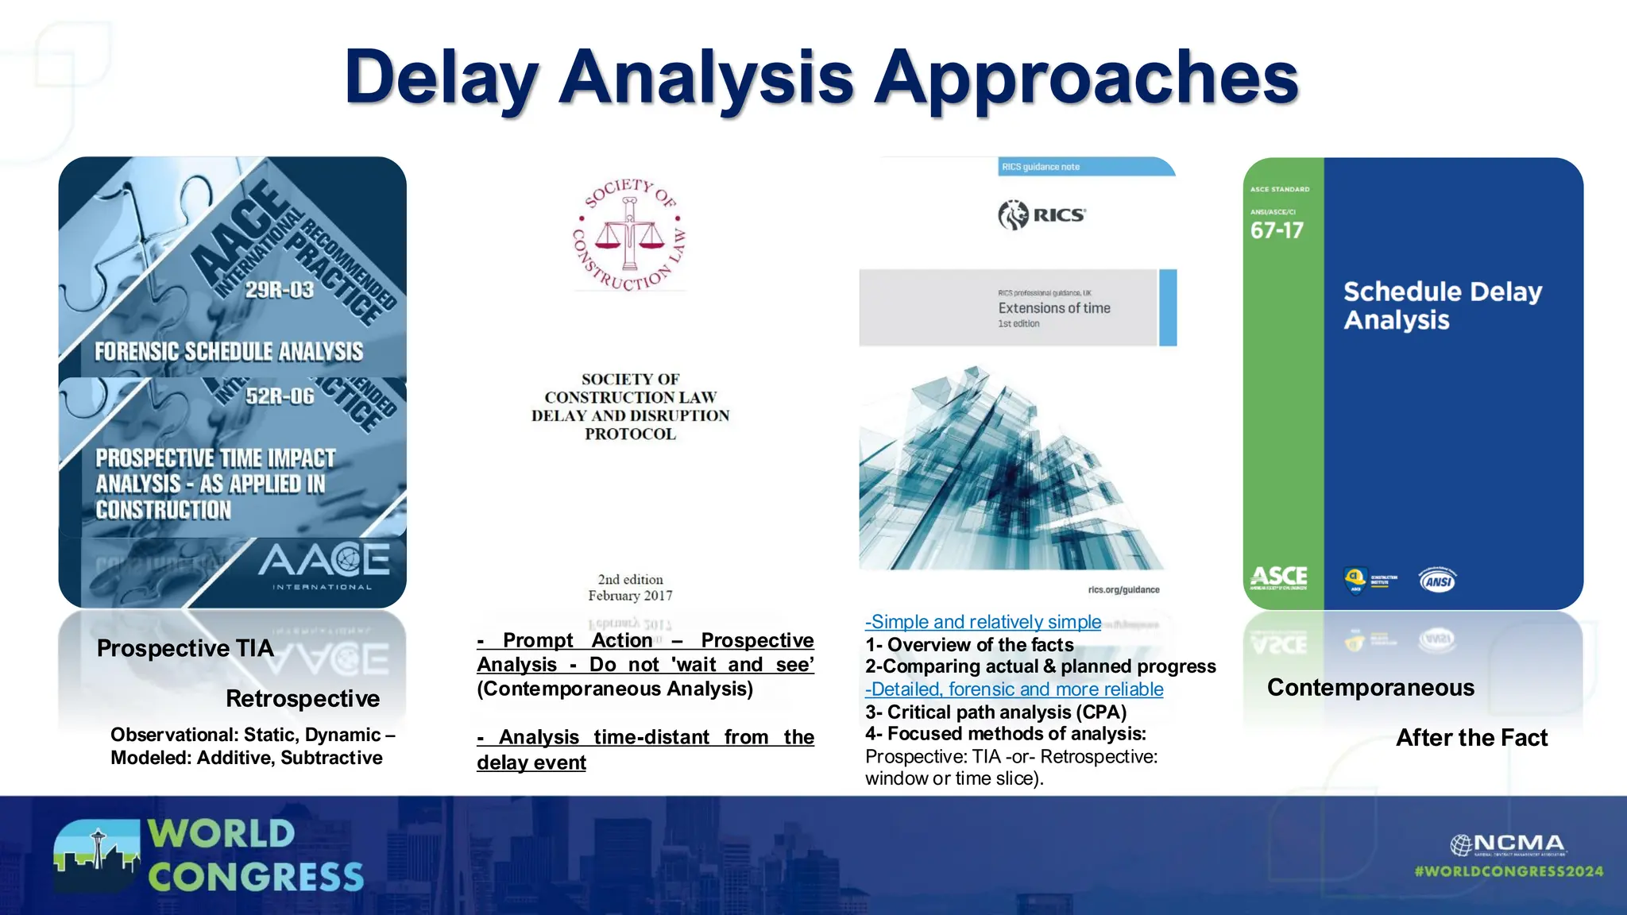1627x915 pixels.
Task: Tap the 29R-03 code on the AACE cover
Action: click(279, 290)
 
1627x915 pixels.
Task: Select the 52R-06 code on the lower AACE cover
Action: click(280, 396)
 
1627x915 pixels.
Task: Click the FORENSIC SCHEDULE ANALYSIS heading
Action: click(229, 352)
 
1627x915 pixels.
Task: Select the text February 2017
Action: click(630, 596)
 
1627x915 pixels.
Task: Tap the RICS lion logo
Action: click(1013, 214)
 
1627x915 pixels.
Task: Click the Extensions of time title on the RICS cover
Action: click(1054, 308)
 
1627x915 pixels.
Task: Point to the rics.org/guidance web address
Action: click(1123, 590)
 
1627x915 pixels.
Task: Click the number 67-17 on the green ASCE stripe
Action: click(1277, 231)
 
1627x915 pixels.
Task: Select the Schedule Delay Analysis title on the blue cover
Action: click(1442, 306)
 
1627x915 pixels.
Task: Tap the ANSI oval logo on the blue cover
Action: click(1438, 581)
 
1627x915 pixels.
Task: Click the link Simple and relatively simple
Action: click(984, 622)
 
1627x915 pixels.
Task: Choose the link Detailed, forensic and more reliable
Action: click(1014, 689)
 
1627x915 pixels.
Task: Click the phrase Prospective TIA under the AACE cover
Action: click(185, 648)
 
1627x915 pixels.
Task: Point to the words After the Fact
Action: click(1471, 738)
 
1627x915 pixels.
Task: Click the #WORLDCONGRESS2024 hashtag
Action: click(1509, 871)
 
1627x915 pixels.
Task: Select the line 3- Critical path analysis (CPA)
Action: click(995, 712)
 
